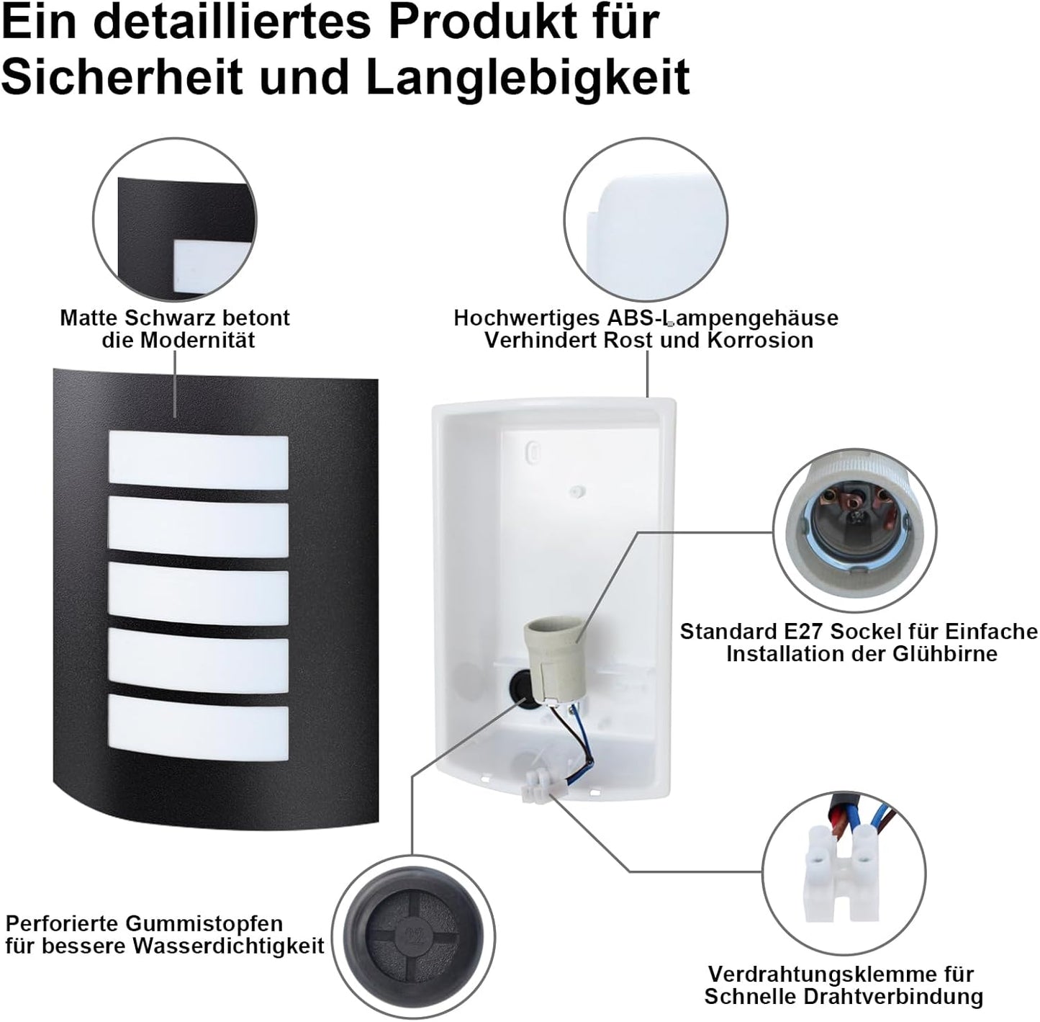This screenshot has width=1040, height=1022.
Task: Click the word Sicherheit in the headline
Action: coord(122,76)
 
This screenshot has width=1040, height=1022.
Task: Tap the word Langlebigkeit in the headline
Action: coord(528,76)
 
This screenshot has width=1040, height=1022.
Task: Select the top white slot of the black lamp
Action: coord(198,462)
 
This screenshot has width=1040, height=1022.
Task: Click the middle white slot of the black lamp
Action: coord(198,597)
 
